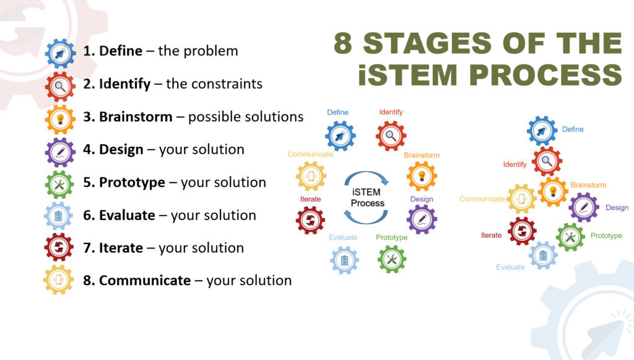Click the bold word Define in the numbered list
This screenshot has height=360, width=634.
point(120,51)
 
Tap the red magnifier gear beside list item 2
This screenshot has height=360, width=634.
point(60,86)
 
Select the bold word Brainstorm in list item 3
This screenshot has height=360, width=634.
point(136,116)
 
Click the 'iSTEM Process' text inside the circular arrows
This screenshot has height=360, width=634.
point(367,198)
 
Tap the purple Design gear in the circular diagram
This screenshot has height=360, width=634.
point(422,219)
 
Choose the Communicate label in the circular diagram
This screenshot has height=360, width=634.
point(310,154)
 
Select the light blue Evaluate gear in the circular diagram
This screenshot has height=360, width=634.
point(344,260)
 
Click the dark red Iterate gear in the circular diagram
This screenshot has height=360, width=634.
point(310,220)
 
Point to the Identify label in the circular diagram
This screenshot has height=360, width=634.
point(391,112)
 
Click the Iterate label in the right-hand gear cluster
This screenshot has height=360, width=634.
point(491,235)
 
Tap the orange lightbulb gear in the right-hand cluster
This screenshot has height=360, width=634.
point(553,192)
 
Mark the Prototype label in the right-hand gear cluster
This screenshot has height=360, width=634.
point(606,235)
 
